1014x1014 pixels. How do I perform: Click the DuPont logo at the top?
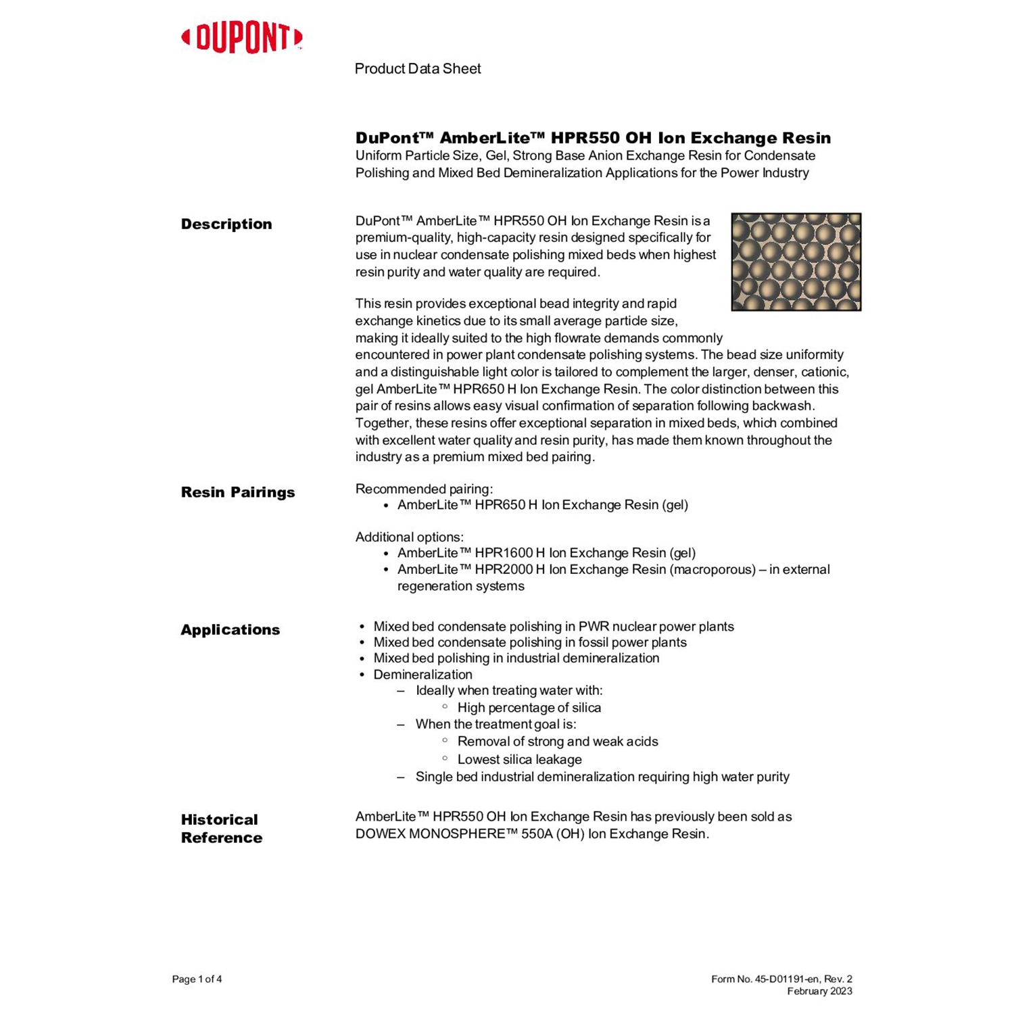click(242, 38)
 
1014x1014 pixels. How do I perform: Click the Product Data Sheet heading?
click(418, 69)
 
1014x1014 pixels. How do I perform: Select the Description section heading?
click(226, 224)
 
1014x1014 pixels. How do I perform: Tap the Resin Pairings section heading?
click(238, 492)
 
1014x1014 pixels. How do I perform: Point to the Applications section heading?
click(231, 630)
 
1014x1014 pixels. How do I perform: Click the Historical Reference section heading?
click(222, 829)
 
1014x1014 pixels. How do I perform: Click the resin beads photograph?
click(796, 262)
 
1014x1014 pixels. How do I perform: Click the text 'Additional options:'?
click(410, 537)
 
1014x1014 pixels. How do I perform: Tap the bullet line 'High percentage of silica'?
click(529, 708)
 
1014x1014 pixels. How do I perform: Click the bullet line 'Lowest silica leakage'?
click(520, 760)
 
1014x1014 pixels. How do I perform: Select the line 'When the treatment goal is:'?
click(496, 725)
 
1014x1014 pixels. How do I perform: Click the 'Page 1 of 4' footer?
click(197, 980)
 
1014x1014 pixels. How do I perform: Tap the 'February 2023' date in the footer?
click(819, 992)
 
